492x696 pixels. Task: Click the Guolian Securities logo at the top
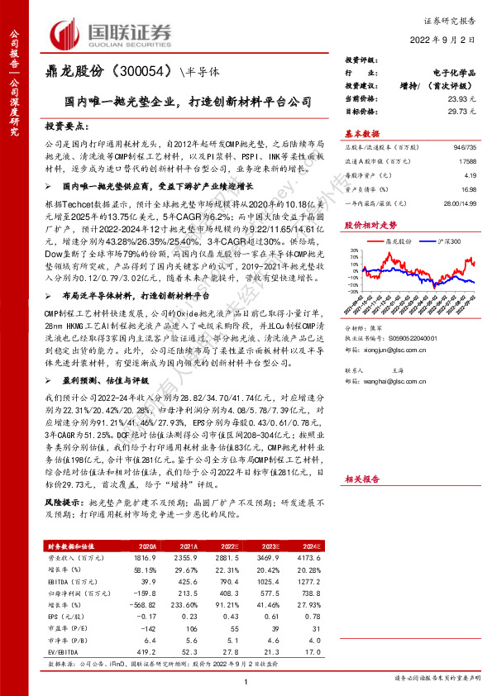click(112, 33)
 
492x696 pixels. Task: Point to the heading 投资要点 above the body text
click(66, 126)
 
